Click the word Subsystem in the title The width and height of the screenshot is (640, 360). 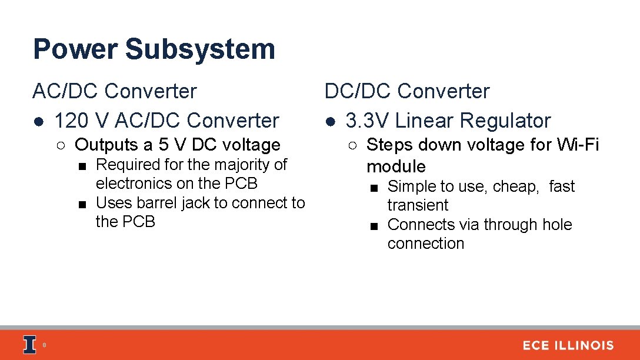coord(200,49)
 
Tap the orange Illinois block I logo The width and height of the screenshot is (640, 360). coord(29,345)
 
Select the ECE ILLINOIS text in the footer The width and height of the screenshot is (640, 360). coord(568,345)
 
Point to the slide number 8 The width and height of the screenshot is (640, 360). coord(44,345)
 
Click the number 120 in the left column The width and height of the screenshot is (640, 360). coord(72,121)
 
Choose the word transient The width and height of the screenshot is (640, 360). coord(418,205)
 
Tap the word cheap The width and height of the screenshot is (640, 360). coord(515,186)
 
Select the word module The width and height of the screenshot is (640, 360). coord(396,166)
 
